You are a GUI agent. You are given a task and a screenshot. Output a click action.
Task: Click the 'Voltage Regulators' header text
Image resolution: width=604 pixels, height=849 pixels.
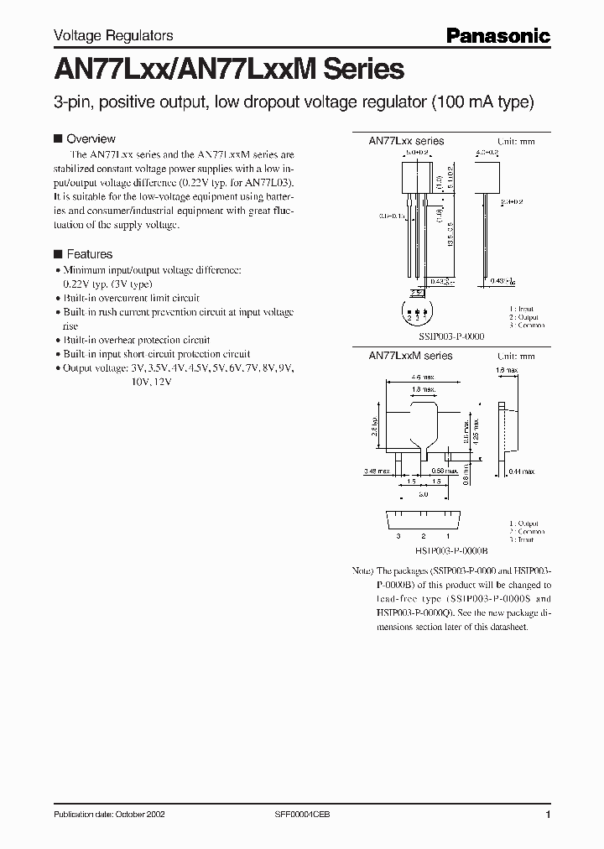click(x=113, y=35)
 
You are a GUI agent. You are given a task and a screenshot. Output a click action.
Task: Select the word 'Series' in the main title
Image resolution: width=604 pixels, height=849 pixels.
click(x=351, y=68)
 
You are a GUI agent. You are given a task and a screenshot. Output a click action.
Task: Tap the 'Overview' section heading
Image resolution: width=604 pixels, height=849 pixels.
click(x=91, y=138)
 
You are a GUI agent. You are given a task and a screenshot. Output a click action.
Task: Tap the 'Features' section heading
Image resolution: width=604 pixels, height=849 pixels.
click(x=89, y=253)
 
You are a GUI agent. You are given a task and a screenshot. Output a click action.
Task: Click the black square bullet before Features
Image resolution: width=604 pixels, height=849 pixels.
click(x=58, y=253)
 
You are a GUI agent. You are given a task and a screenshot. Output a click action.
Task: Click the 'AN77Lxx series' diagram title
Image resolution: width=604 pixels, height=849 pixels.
click(x=406, y=141)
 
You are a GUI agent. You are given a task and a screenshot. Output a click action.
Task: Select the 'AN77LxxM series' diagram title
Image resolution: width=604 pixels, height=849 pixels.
click(x=410, y=356)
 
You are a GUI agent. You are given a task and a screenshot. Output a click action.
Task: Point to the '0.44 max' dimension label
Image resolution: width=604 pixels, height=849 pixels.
click(x=520, y=473)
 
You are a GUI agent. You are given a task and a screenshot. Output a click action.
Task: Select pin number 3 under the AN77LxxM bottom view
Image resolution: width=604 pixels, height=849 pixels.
click(x=399, y=534)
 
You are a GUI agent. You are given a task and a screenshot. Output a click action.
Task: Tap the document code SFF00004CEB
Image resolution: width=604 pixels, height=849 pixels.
click(x=302, y=815)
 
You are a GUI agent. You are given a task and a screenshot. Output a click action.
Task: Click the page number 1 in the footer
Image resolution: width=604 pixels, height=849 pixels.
click(x=547, y=815)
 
